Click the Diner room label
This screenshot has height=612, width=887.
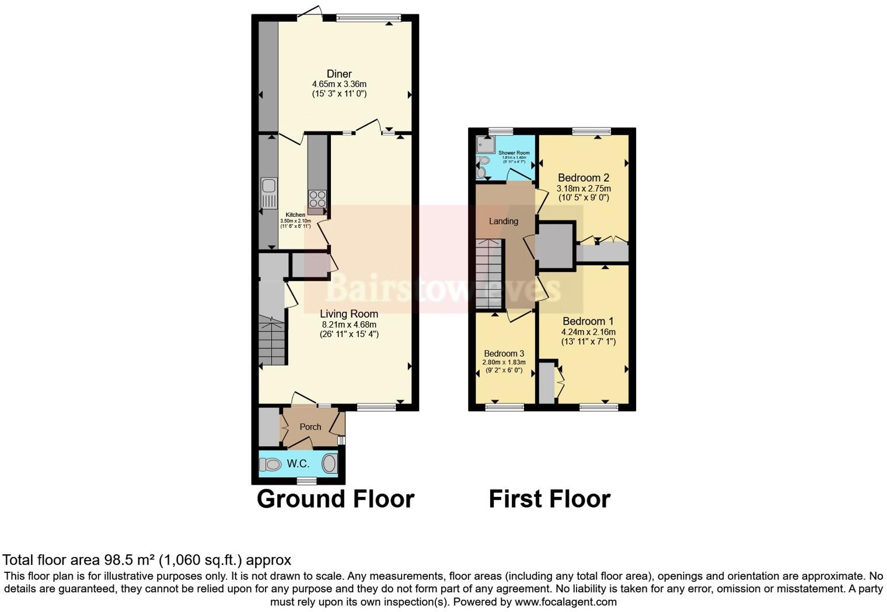coord(339,74)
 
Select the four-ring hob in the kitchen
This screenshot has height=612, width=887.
coord(317,199)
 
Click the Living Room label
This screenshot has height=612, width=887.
coord(349,314)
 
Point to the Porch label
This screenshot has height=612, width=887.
coord(310,427)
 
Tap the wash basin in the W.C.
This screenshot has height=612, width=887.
coord(330,464)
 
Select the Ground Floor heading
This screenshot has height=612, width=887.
coord(336,499)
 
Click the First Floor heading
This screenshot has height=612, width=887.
coord(549,499)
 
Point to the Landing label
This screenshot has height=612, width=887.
coord(504,221)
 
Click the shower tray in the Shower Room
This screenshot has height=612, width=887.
coord(485,144)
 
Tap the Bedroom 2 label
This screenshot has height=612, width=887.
coord(584,178)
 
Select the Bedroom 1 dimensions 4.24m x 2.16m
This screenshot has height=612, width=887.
coord(588,332)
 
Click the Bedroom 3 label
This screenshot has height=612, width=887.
coord(504,353)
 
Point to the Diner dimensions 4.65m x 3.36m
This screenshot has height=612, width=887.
coord(339,84)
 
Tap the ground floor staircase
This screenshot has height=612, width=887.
coord(273,339)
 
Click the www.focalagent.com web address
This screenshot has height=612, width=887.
coord(565,601)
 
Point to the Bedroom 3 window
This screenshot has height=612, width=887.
coord(504,407)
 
